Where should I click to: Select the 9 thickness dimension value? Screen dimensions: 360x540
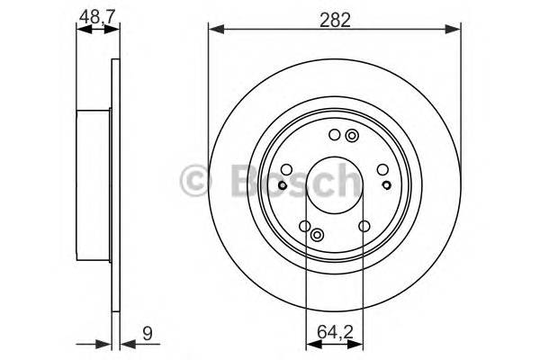click(147, 334)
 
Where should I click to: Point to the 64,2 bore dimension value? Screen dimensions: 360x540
click(335, 334)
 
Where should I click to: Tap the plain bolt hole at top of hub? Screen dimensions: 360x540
click(335, 136)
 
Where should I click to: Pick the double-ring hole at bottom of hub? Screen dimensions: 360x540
click(317, 235)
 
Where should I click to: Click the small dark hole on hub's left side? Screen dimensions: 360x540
click(282, 185)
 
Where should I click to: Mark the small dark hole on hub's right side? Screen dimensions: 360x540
click(387, 185)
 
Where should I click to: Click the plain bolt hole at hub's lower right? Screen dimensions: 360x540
click(364, 227)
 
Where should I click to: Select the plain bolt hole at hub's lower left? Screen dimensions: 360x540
click(305, 227)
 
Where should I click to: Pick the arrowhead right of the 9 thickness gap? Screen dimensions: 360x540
click(125, 342)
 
